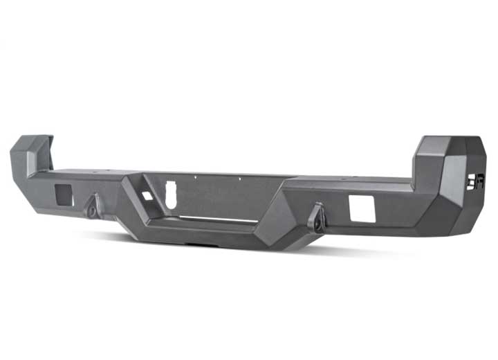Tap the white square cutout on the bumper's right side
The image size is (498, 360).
tap(362, 209)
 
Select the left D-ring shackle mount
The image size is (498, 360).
tap(93, 206)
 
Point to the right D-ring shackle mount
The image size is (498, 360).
tap(317, 217)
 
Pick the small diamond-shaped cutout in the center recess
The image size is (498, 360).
tap(147, 196)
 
